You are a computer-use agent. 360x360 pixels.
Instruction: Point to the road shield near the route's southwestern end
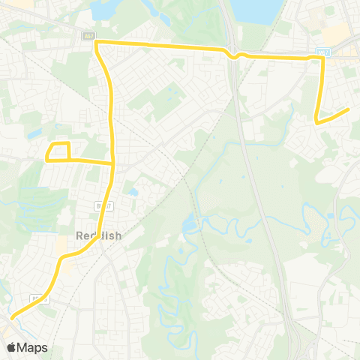[40, 298]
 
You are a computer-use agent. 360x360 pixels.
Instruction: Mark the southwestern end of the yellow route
[12, 317]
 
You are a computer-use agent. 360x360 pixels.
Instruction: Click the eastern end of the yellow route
[349, 109]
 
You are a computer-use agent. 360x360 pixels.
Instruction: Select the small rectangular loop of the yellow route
[58, 151]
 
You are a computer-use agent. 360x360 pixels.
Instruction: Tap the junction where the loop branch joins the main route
[113, 162]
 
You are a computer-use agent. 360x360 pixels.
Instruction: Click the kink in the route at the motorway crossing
[235, 54]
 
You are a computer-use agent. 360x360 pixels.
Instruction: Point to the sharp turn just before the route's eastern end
[316, 120]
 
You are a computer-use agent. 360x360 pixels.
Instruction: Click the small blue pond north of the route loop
[34, 133]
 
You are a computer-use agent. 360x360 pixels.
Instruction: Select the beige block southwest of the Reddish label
[61, 246]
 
